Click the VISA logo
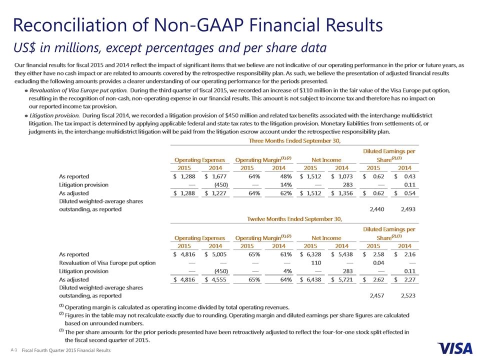tap(455, 348)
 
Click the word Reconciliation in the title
tap(70, 25)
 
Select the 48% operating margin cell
tap(286, 176)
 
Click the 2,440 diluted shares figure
tap(377, 209)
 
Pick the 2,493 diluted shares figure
tap(408, 209)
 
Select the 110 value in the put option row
tap(316, 262)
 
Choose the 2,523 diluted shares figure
tap(408, 295)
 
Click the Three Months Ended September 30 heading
tap(294, 141)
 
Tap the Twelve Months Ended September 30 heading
tap(294, 219)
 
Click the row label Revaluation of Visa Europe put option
tap(107, 263)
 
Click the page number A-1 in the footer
tap(14, 350)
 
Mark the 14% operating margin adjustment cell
tap(286, 185)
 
